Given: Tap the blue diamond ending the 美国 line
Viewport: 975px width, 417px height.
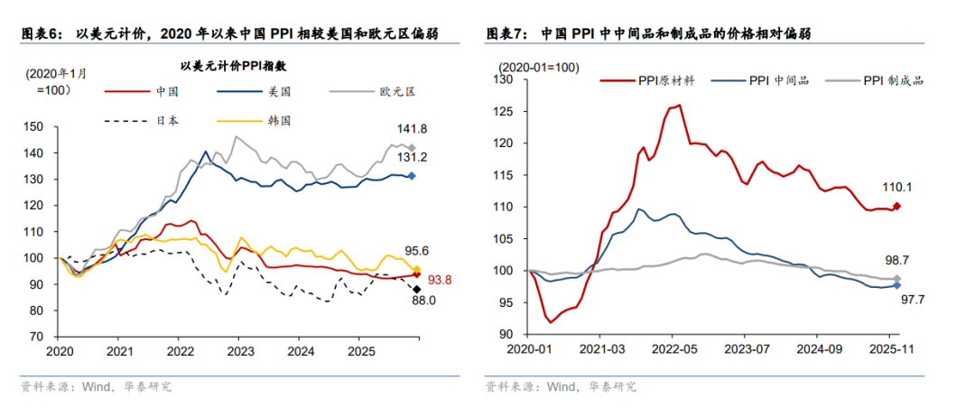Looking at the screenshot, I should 412,176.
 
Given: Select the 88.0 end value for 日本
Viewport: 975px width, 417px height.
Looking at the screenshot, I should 424,301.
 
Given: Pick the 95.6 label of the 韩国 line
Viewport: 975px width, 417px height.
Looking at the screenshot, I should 414,251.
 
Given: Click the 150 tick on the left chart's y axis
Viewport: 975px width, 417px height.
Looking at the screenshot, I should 40,127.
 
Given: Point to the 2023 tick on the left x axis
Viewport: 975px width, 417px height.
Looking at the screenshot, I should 239,349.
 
